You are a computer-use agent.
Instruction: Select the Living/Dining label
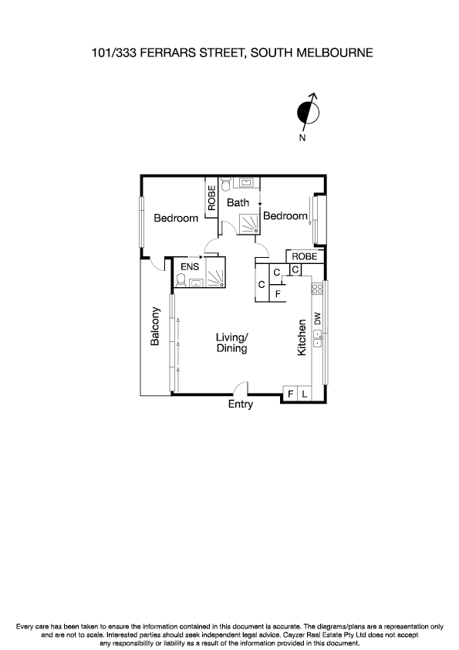point(231,343)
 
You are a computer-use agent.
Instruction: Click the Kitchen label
point(302,337)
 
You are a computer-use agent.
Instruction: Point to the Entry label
point(240,405)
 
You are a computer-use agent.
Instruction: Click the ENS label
point(189,266)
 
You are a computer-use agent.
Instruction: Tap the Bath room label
point(238,203)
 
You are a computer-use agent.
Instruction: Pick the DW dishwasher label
point(317,317)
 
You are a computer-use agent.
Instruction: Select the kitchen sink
point(317,338)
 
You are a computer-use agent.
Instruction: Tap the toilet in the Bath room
point(226,184)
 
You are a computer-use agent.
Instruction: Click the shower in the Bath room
point(248,223)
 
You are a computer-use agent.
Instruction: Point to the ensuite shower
point(212,276)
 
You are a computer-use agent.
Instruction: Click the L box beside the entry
point(305,394)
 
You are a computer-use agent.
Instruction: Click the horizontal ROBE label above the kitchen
point(304,256)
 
